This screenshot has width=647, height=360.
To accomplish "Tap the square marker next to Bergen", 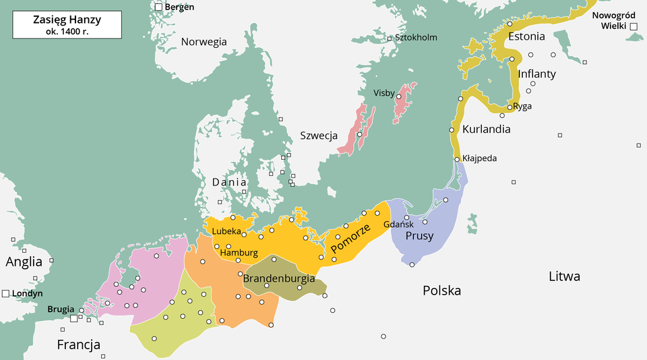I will tap(158, 7).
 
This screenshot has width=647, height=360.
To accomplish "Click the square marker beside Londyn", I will tap(5, 293).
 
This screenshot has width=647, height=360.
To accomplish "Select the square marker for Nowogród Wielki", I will tap(634, 26).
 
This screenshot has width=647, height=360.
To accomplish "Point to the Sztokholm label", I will tap(416, 38).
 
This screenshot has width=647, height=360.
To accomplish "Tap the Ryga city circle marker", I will tap(509, 107).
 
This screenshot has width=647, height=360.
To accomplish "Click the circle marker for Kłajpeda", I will tap(457, 159).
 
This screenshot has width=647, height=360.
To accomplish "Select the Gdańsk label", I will tap(398, 224).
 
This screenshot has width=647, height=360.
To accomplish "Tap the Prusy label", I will tap(419, 236).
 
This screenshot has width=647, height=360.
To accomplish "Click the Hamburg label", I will tap(239, 252).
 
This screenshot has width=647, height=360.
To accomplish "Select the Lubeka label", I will tap(226, 231).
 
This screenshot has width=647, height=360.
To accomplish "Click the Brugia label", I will tap(61, 309).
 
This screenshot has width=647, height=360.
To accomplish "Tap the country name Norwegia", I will tap(204, 42).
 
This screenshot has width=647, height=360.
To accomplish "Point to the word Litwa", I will tap(564, 276).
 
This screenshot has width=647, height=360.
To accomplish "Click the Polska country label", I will tap(441, 291).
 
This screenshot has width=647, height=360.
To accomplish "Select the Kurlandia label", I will tap(486, 129).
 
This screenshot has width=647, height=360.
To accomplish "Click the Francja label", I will tap(79, 345).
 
